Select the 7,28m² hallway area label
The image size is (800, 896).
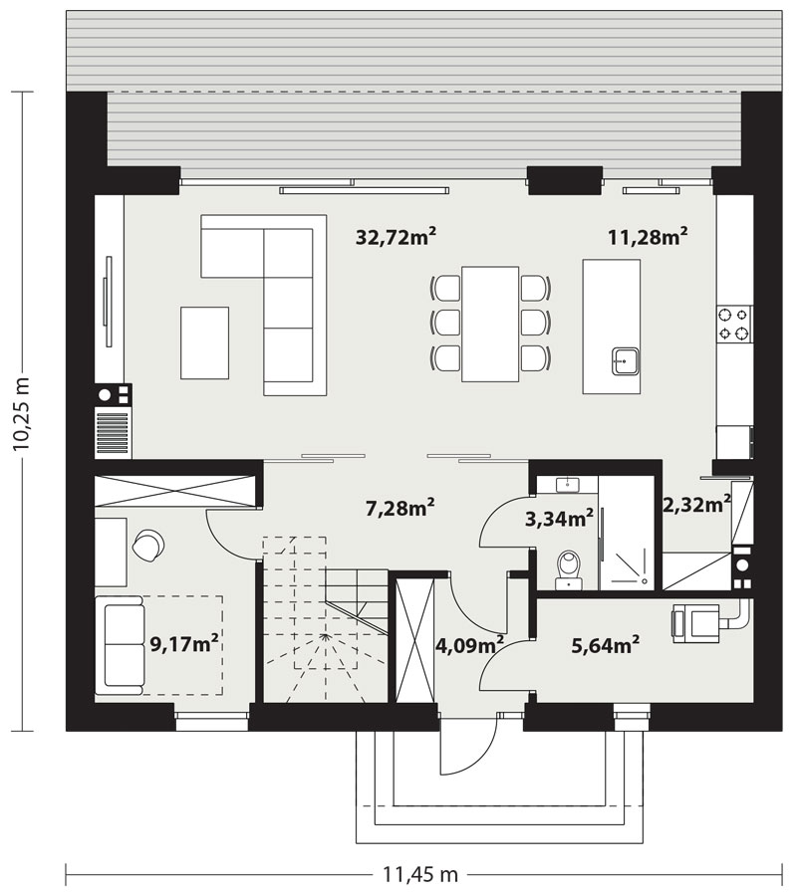tap(400, 507)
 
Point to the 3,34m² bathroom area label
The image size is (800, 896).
tap(559, 519)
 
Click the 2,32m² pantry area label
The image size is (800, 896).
tap(696, 504)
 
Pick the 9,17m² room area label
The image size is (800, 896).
tap(184, 644)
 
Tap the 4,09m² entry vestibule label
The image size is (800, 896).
tap(469, 645)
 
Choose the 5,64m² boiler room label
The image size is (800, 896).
tap(605, 645)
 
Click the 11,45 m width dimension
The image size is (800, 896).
tap(419, 874)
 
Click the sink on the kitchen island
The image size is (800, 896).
tap(626, 360)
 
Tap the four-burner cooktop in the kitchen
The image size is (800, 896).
tap(735, 324)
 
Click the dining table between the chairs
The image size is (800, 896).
tap(490, 324)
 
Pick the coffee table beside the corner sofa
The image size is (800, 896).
tap(204, 342)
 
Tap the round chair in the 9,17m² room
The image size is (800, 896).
tap(148, 545)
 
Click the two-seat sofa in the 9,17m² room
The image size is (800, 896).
tap(123, 645)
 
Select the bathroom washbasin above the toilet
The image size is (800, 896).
tap(567, 484)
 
